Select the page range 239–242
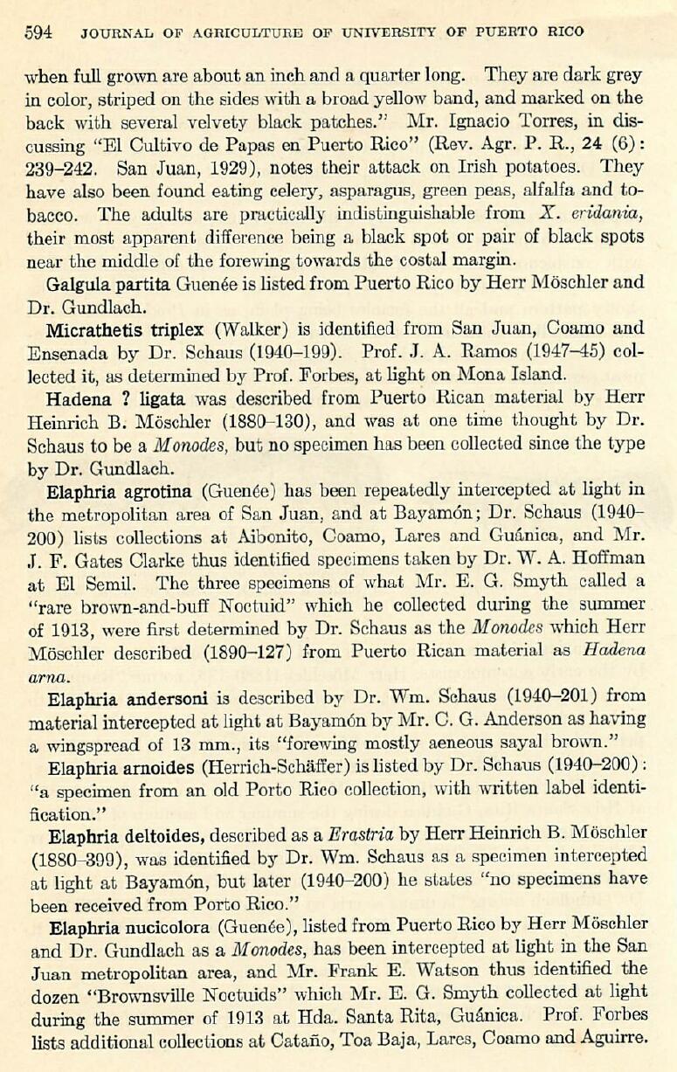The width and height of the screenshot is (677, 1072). click(x=63, y=168)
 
